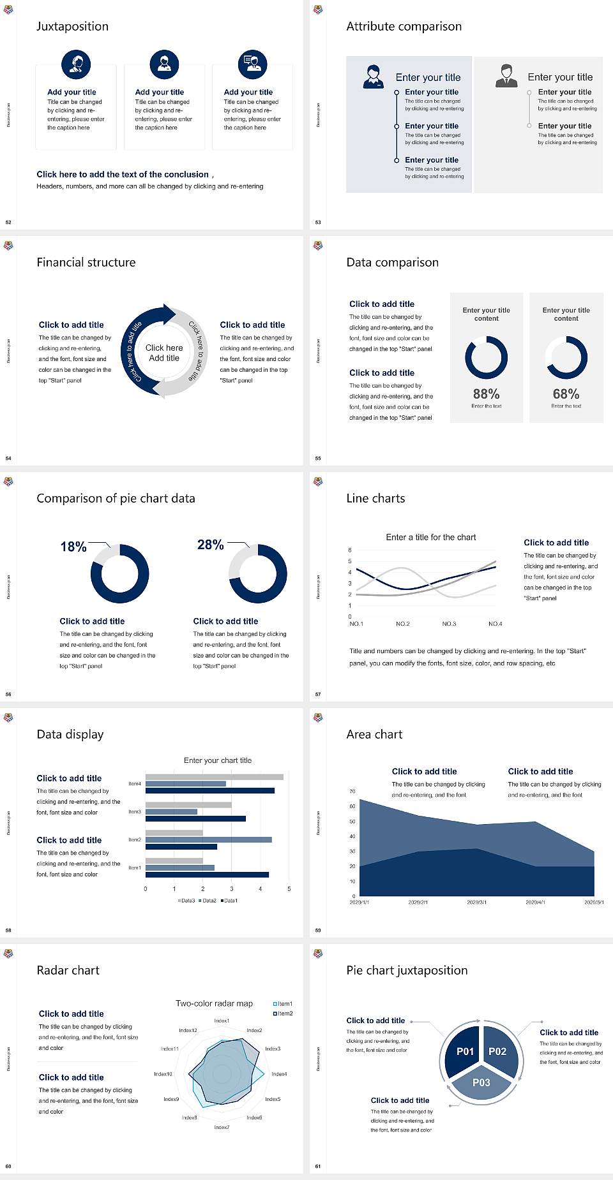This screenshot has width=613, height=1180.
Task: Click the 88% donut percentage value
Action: click(x=486, y=394)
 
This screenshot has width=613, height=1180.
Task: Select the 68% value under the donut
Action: click(x=566, y=394)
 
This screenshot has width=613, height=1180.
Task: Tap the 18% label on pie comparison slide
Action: click(x=73, y=547)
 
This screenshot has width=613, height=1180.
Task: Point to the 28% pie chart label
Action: click(x=210, y=545)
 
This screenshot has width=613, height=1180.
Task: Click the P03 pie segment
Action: click(x=481, y=1082)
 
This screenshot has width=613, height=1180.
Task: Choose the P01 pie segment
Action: click(x=465, y=1051)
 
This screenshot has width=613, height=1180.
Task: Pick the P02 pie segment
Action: click(x=497, y=1051)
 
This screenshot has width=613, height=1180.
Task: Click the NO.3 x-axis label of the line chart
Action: click(x=449, y=624)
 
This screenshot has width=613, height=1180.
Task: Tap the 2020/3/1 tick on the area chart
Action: click(x=476, y=903)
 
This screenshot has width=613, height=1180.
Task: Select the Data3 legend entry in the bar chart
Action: click(x=186, y=901)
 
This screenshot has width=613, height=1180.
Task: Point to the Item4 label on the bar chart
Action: click(x=135, y=784)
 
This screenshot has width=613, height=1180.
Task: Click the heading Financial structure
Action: click(x=86, y=262)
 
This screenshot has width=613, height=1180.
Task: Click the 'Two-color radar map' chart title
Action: click(x=214, y=1003)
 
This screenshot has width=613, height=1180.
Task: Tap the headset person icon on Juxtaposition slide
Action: click(x=76, y=64)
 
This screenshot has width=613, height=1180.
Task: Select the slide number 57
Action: click(x=318, y=694)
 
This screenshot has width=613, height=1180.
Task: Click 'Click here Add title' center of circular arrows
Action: click(x=164, y=353)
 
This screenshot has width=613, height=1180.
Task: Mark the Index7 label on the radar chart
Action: click(x=222, y=1127)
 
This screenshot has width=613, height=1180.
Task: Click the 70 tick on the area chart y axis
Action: click(x=352, y=792)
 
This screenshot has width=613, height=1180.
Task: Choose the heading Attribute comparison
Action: click(x=404, y=26)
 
